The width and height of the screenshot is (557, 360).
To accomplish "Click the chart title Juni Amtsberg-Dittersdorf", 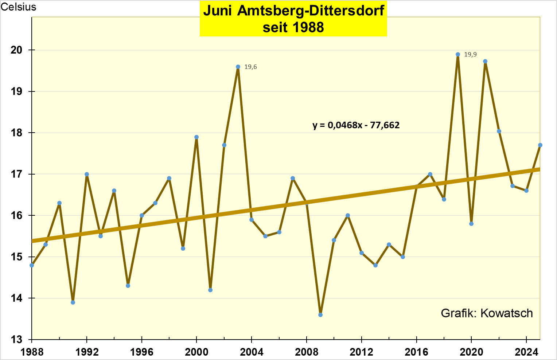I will (x=293, y=11).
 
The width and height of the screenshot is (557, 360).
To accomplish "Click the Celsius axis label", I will (x=19, y=7).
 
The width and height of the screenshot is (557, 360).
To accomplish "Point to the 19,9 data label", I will (x=470, y=55).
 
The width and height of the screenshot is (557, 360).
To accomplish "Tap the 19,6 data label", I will (x=250, y=67).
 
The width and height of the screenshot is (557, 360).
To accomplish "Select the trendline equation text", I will (x=356, y=125).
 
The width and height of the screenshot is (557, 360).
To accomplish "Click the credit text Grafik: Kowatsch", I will (x=487, y=313).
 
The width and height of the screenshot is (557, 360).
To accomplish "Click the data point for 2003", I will (x=238, y=67).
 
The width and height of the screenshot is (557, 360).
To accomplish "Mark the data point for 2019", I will (x=458, y=55).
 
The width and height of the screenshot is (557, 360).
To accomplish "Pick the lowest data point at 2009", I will (x=320, y=315).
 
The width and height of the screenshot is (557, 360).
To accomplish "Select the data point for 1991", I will (x=73, y=302).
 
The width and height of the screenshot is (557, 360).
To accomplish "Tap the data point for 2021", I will (x=485, y=62).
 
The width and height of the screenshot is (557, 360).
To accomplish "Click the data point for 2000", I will (x=196, y=137).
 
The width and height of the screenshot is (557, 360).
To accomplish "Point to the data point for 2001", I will (x=210, y=290).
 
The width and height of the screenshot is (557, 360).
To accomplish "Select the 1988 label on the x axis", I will (x=32, y=352).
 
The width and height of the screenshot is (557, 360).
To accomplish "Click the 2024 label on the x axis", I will (x=526, y=352).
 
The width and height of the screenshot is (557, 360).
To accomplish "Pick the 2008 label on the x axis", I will (x=307, y=352).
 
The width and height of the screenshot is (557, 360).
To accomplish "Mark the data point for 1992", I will (x=87, y=174).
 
